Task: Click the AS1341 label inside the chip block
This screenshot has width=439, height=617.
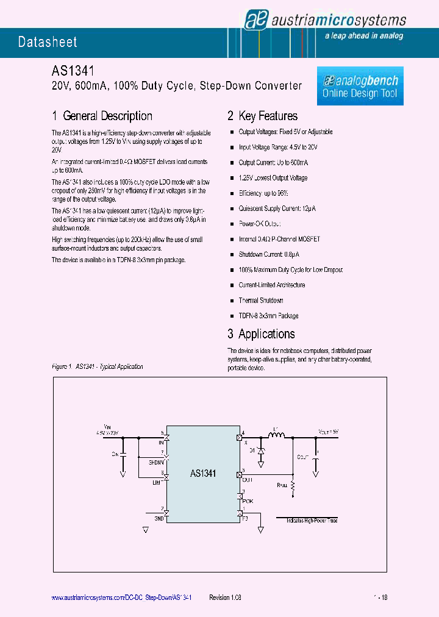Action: pyautogui.click(x=203, y=473)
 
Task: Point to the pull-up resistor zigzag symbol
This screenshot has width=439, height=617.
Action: pyautogui.click(x=293, y=486)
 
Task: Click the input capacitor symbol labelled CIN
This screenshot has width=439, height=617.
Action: pyautogui.click(x=123, y=454)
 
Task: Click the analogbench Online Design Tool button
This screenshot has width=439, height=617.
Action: pyautogui.click(x=360, y=87)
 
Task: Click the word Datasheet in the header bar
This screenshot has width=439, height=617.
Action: pyautogui.click(x=48, y=42)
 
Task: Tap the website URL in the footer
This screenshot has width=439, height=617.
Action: pyautogui.click(x=122, y=598)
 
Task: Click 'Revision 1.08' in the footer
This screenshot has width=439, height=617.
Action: pyautogui.click(x=226, y=598)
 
